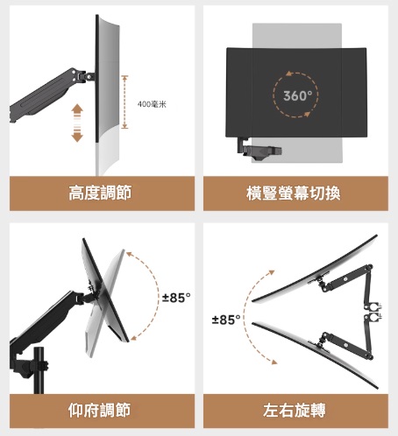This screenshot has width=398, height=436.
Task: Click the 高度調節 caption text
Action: [100, 193]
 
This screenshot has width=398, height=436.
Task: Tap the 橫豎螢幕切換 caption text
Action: [294, 193]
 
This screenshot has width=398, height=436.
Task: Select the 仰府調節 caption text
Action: [99, 410]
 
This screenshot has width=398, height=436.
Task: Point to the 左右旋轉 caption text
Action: [294, 410]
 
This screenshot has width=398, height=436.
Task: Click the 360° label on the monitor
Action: [297, 95]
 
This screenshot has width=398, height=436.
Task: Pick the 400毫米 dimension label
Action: [152, 104]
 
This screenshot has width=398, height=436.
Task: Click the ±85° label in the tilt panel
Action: [176, 298]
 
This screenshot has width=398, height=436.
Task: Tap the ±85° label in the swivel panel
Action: [226, 320]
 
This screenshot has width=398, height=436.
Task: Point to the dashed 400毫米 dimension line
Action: [124, 102]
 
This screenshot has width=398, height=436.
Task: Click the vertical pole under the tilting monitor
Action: [39, 370]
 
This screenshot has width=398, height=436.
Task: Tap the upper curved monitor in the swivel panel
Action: [315, 269]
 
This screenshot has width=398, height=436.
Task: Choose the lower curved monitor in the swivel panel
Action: [315, 355]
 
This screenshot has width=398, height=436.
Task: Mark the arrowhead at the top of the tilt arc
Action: [129, 255]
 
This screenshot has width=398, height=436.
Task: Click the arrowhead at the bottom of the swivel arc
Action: [274, 362]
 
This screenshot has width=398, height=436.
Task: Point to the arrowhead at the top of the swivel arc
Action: [272, 272]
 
